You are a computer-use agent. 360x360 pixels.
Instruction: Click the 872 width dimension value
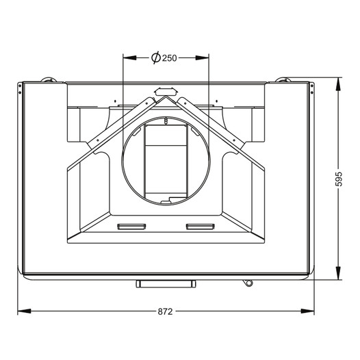pyautogui.click(x=165, y=311)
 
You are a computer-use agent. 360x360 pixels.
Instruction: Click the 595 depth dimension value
pyautogui.click(x=338, y=179)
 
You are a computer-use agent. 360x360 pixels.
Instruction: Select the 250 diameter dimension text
pyautogui.click(x=170, y=58)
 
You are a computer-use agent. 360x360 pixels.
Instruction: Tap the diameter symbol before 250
pyautogui.click(x=156, y=57)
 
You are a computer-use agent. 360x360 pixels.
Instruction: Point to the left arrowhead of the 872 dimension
pyautogui.click(x=24, y=311)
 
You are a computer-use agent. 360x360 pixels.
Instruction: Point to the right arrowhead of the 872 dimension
pyautogui.click(x=307, y=311)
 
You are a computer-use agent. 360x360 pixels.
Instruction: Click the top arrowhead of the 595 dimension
pyautogui.click(x=338, y=84)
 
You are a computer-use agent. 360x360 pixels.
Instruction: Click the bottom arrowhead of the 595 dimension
pyautogui.click(x=338, y=273)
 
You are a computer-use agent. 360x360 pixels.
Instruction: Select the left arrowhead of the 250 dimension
pyautogui.click(x=130, y=57)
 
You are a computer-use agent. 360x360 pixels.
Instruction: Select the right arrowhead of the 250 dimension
pyautogui.click(x=202, y=57)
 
